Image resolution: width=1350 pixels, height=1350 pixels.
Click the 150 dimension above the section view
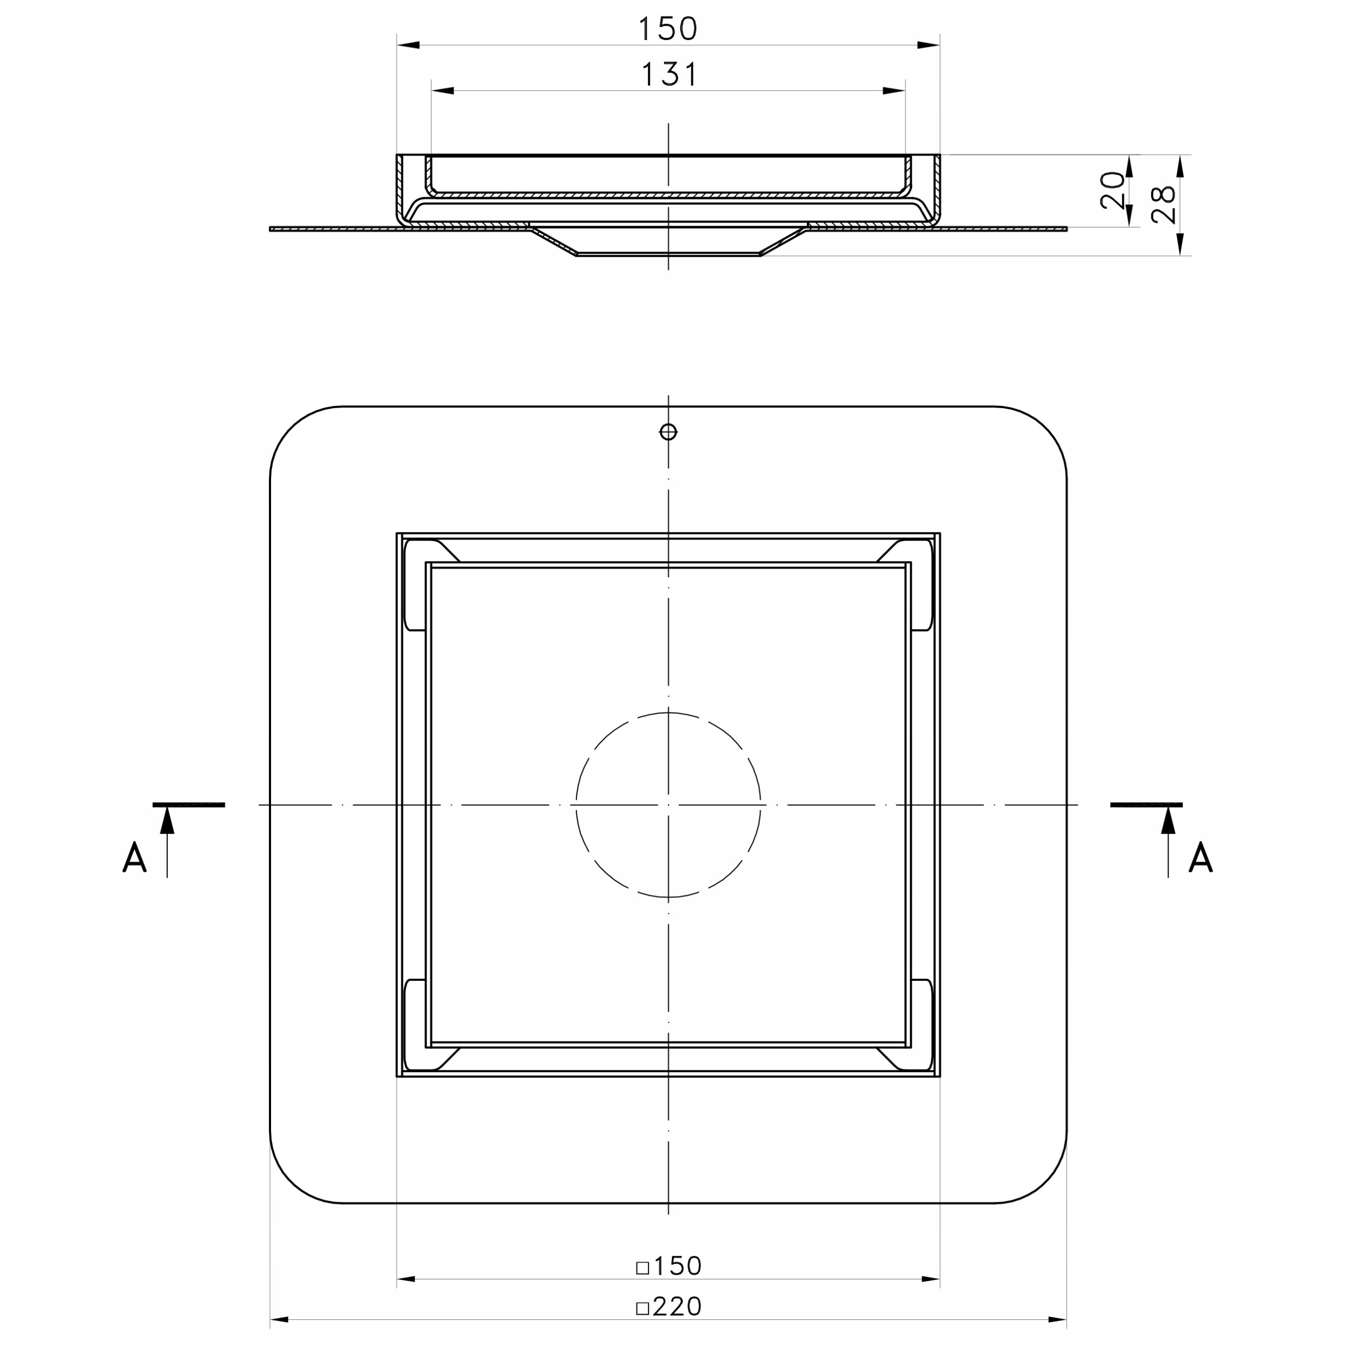(668, 28)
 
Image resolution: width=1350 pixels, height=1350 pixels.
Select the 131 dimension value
(669, 74)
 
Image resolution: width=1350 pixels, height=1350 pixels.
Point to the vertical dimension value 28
(1163, 204)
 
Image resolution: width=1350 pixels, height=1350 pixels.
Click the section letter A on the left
(134, 857)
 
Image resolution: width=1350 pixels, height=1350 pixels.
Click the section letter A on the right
(1200, 857)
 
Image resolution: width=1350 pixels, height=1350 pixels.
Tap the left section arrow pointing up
(167, 841)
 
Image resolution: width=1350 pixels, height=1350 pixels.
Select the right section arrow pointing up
(1168, 841)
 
